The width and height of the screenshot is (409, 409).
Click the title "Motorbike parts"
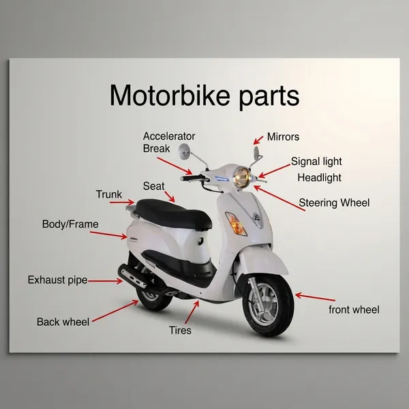(x=204, y=95)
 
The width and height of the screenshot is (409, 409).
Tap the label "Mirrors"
(x=283, y=137)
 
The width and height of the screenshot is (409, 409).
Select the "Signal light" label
(x=316, y=162)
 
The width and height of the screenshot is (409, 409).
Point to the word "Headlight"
(x=319, y=178)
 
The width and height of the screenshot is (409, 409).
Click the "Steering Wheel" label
(x=334, y=202)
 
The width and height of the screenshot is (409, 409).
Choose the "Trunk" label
(x=109, y=194)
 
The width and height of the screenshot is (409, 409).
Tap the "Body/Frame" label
(x=70, y=224)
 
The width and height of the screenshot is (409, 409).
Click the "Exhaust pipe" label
(x=57, y=280)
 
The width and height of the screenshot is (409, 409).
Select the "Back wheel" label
(x=63, y=322)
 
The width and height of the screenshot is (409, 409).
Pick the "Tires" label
(x=180, y=330)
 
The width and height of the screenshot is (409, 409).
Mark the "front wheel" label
(x=354, y=309)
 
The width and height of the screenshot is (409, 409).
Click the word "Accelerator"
(x=169, y=136)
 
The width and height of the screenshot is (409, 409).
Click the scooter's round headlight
(x=241, y=177)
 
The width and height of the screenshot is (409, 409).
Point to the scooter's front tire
(x=269, y=305)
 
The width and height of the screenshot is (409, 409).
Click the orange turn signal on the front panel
(x=236, y=224)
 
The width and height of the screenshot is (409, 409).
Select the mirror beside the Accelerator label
(x=184, y=151)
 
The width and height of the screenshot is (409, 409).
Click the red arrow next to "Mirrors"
(x=258, y=140)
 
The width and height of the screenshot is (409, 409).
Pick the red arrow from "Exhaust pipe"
(x=105, y=281)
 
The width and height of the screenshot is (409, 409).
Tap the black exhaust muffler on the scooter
(x=132, y=276)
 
